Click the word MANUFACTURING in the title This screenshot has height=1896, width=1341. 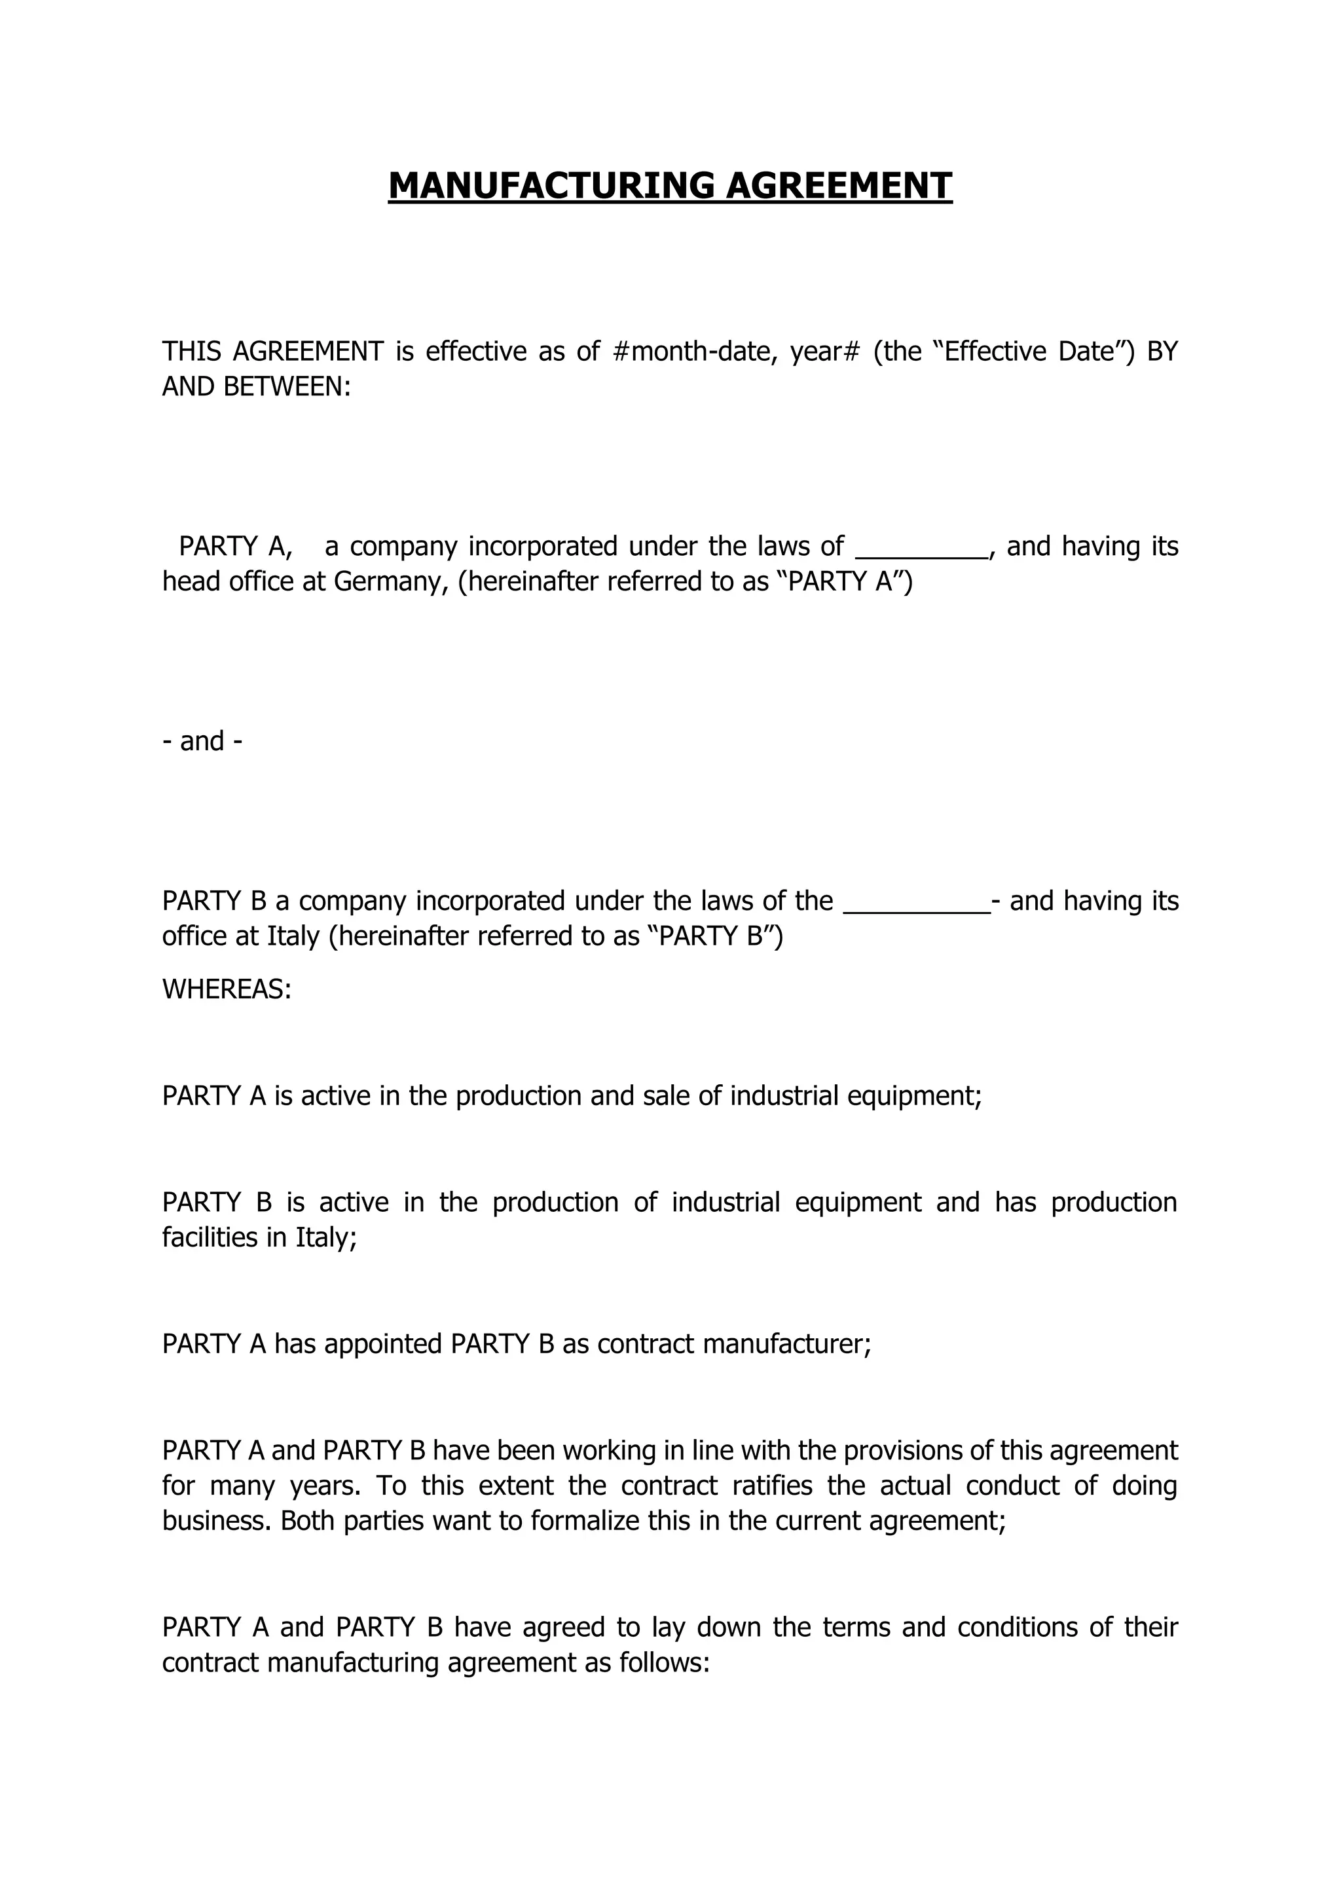click(551, 186)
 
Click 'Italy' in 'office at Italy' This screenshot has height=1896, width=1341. click(293, 936)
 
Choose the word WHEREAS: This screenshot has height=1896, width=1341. click(227, 989)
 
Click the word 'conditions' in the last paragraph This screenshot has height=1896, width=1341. click(1016, 1627)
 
